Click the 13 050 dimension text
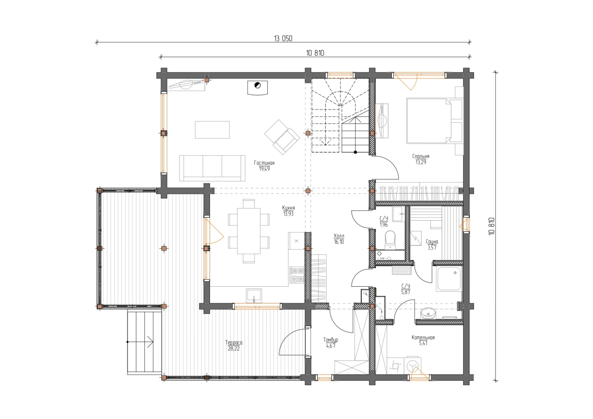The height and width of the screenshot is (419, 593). (283, 38)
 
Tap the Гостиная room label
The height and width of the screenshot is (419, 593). (264, 163)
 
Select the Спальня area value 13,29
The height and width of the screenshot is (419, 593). (421, 162)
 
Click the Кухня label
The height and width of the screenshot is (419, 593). (288, 208)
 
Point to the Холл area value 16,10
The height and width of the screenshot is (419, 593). (339, 242)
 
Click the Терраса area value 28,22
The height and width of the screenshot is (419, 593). (233, 348)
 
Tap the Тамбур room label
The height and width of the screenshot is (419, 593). (331, 340)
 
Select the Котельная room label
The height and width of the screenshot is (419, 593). (423, 337)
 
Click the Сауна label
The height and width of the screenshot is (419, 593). (432, 242)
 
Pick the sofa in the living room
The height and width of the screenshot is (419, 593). (212, 168)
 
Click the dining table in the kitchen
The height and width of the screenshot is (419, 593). (249, 231)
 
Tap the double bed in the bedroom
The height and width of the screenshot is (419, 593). (429, 121)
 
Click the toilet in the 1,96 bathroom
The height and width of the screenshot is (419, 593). (390, 239)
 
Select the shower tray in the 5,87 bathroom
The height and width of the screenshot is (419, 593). (449, 279)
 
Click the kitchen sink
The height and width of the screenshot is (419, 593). (254, 295)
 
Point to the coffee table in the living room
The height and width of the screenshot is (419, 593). (212, 129)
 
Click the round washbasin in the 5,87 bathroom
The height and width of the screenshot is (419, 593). (427, 313)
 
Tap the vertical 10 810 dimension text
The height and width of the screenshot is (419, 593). (492, 226)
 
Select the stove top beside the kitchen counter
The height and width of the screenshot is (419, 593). (296, 275)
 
